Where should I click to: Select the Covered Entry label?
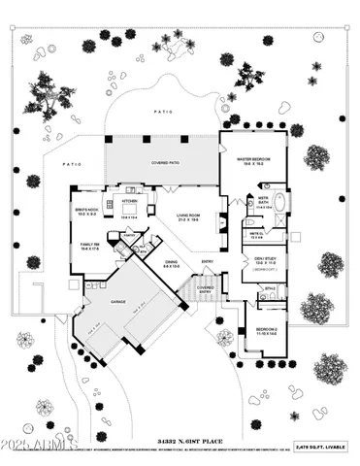[206, 288]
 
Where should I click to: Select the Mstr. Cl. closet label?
[256, 233]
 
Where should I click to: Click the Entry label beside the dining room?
[207, 261]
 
